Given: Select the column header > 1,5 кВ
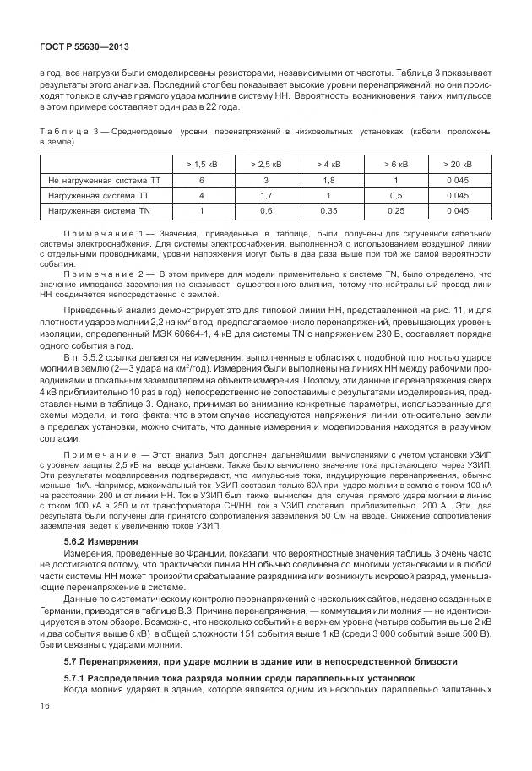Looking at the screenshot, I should [201, 165].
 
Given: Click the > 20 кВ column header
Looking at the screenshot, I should [459, 165].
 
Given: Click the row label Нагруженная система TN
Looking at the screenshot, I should [99, 210].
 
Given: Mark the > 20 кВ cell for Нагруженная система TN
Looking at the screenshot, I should [459, 210].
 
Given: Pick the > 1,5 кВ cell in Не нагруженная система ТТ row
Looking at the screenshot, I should [201, 181].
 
